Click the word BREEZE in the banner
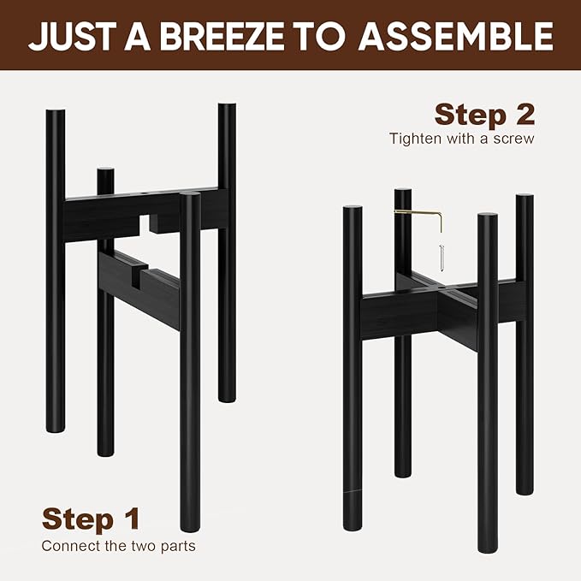[222, 36]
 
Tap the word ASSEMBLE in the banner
[456, 36]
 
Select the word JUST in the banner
[70, 36]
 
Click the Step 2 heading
[484, 115]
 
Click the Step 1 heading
[92, 519]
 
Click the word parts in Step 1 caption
[178, 547]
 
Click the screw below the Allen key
[441, 258]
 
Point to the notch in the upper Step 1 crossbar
[145, 223]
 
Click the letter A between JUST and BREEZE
[137, 36]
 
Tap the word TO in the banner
[321, 36]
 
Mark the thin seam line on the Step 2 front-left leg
[353, 491]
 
